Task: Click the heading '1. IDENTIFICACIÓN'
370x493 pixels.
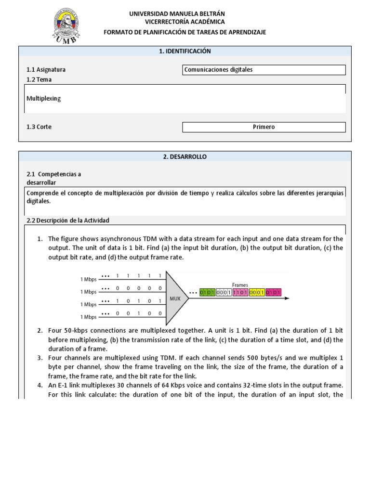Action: (x=185, y=51)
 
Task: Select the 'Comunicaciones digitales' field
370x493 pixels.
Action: (x=264, y=70)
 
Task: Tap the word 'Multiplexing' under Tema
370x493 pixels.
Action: (x=44, y=98)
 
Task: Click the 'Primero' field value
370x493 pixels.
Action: (x=264, y=127)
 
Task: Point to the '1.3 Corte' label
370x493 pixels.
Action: (x=39, y=127)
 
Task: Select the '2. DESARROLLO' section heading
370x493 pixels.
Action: (x=185, y=156)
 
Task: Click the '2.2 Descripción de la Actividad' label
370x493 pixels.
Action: (x=68, y=221)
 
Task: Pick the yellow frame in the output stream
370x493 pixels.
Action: (x=257, y=292)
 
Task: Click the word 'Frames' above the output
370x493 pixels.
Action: (x=240, y=285)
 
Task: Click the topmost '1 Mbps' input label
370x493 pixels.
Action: (x=88, y=279)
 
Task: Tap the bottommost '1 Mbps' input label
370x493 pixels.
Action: (x=88, y=317)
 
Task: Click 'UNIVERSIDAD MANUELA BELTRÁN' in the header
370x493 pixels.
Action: (x=177, y=14)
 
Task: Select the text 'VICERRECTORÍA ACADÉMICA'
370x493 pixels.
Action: (x=185, y=22)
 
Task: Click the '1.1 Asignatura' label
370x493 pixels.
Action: (x=46, y=70)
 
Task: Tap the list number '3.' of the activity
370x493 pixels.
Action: (x=40, y=358)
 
